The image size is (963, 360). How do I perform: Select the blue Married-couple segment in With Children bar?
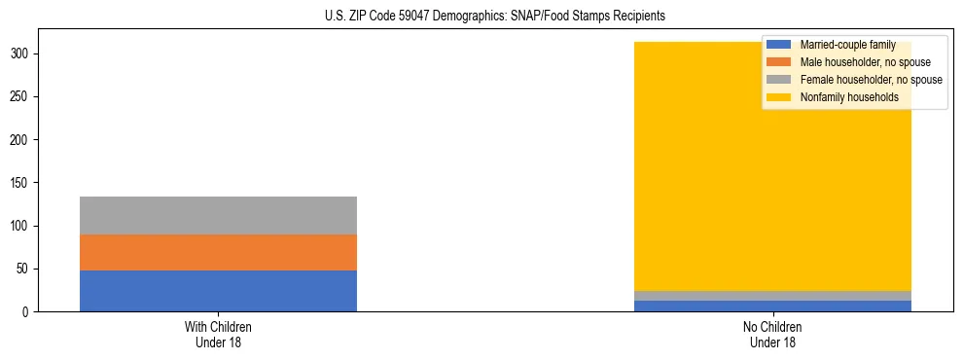click(218, 290)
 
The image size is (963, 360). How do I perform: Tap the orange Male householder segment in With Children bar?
click(218, 252)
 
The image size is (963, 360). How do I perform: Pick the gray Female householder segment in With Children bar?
click(218, 215)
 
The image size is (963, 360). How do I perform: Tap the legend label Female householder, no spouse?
click(871, 80)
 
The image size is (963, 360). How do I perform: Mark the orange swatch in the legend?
click(779, 62)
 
